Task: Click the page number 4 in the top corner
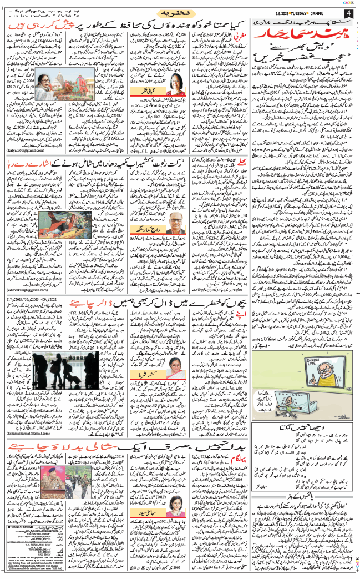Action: [x=348, y=13]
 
